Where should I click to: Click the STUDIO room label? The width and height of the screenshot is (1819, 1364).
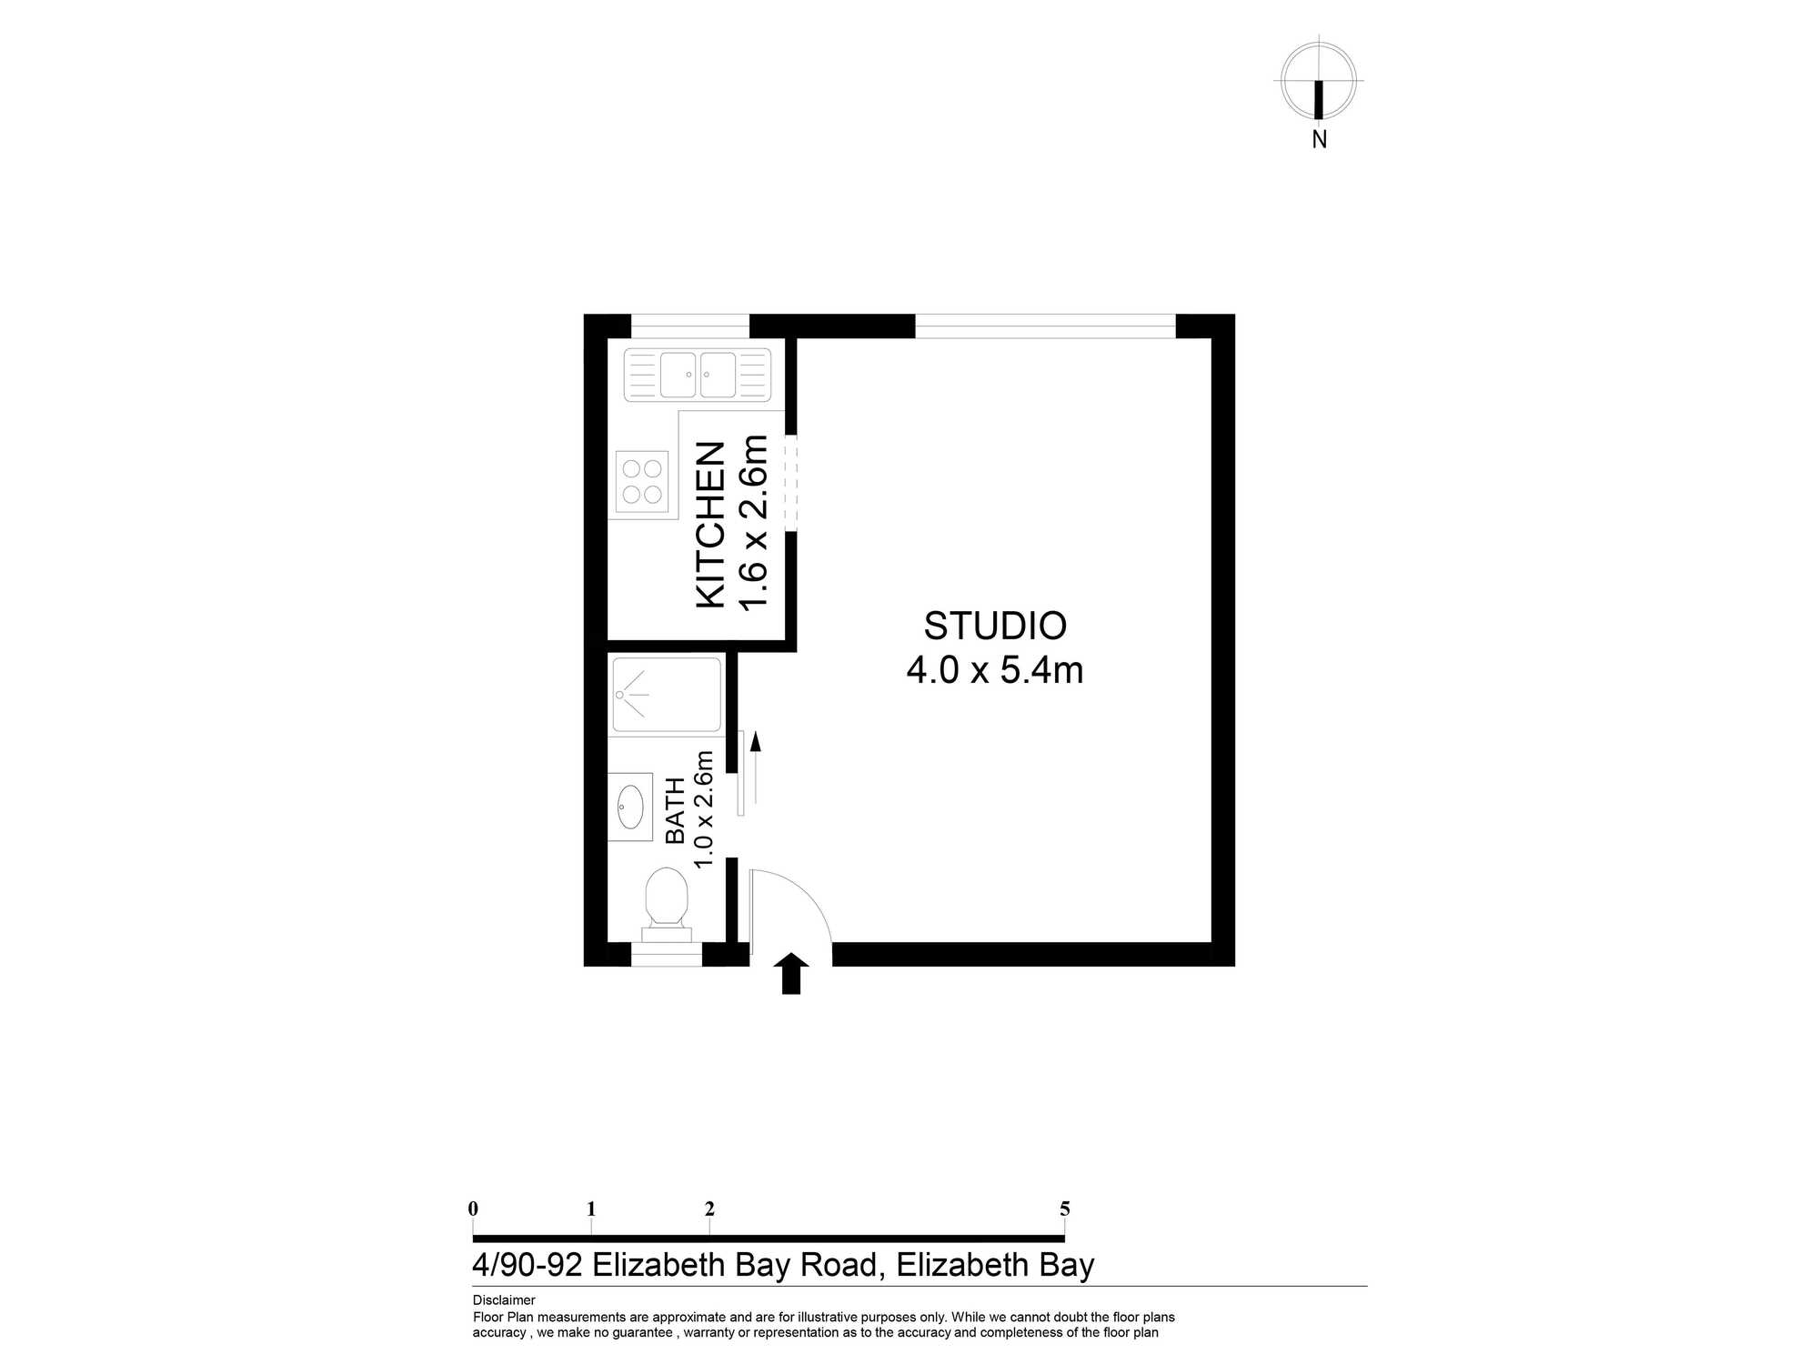995,626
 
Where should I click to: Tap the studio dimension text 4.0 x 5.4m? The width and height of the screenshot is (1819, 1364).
995,670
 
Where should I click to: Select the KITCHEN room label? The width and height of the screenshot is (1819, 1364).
710,525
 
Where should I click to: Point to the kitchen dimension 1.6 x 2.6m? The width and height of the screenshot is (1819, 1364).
754,523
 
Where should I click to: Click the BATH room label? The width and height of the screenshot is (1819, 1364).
675,810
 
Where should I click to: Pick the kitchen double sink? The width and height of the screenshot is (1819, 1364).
698,375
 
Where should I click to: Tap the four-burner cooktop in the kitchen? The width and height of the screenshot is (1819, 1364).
642,482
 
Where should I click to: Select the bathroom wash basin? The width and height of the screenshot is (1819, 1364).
630,807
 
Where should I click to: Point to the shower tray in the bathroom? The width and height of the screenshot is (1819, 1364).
667,695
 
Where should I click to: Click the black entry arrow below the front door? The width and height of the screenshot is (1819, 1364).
791,973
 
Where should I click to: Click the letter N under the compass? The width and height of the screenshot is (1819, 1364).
1320,140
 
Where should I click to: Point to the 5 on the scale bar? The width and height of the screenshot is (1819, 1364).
1065,1209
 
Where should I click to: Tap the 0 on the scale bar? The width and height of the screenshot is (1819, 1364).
473,1209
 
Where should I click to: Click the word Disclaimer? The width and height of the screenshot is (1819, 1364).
504,1300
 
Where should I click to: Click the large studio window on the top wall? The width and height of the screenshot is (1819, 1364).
1045,326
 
